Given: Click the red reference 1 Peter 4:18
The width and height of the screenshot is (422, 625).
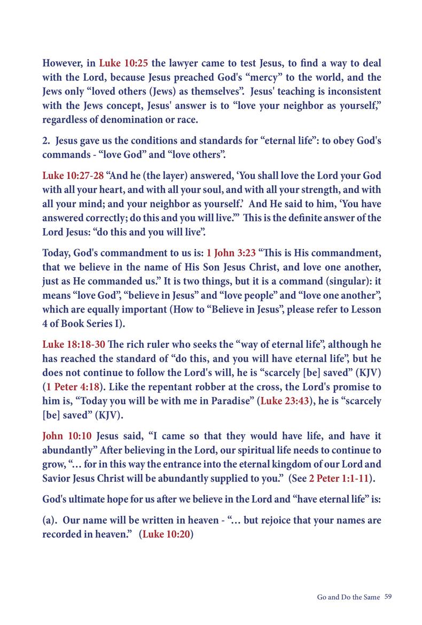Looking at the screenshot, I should tap(73, 387).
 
